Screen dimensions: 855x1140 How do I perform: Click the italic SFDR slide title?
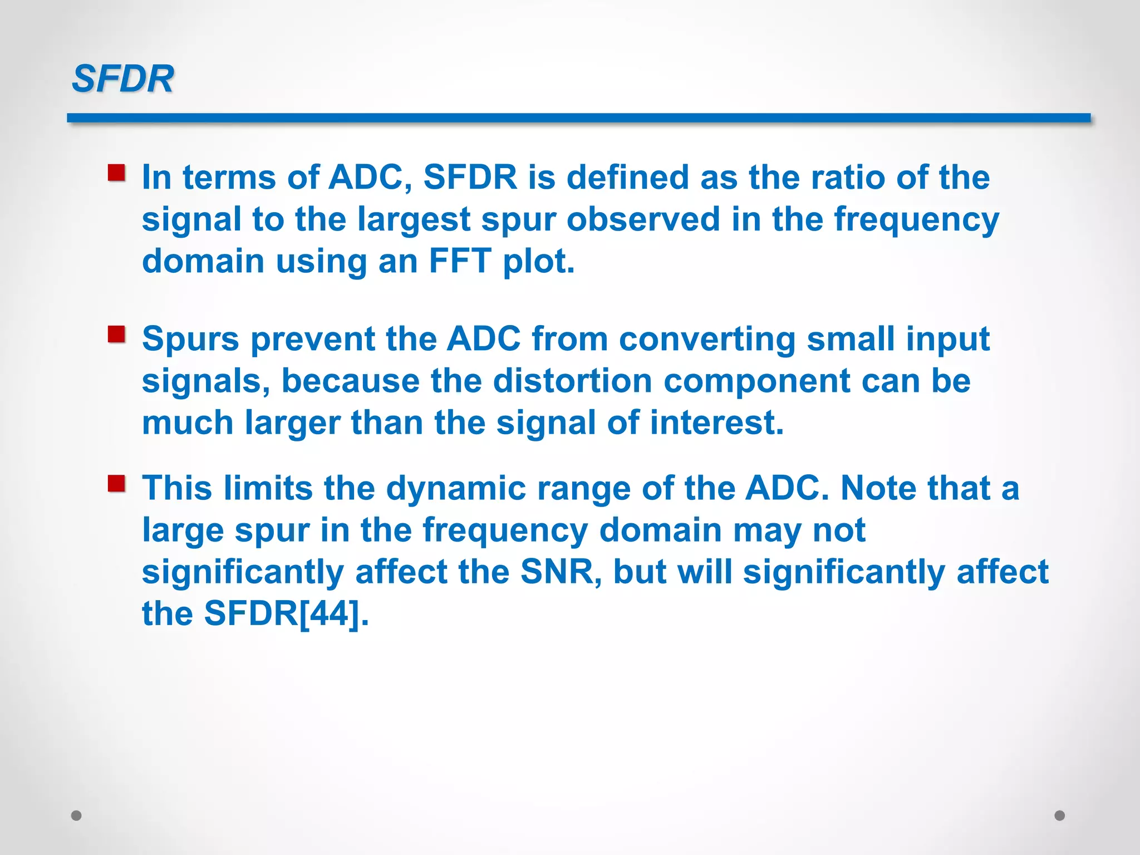click(x=123, y=78)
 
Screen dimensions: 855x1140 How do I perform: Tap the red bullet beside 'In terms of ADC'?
click(x=116, y=173)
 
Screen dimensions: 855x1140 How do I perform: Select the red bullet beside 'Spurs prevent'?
click(x=116, y=335)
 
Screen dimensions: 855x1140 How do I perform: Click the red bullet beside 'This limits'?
click(x=116, y=483)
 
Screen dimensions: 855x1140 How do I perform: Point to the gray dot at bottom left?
click(x=76, y=815)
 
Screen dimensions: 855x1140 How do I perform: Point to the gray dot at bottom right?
click(x=1060, y=815)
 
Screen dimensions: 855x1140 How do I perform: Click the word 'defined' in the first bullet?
click(x=627, y=178)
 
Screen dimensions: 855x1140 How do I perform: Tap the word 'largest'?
click(x=414, y=219)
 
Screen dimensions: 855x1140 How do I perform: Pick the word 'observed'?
click(x=643, y=219)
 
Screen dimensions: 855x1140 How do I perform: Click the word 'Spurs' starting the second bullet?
click(x=190, y=340)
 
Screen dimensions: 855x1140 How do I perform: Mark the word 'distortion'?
click(x=572, y=381)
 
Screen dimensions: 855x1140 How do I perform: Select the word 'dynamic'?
click(x=456, y=489)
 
